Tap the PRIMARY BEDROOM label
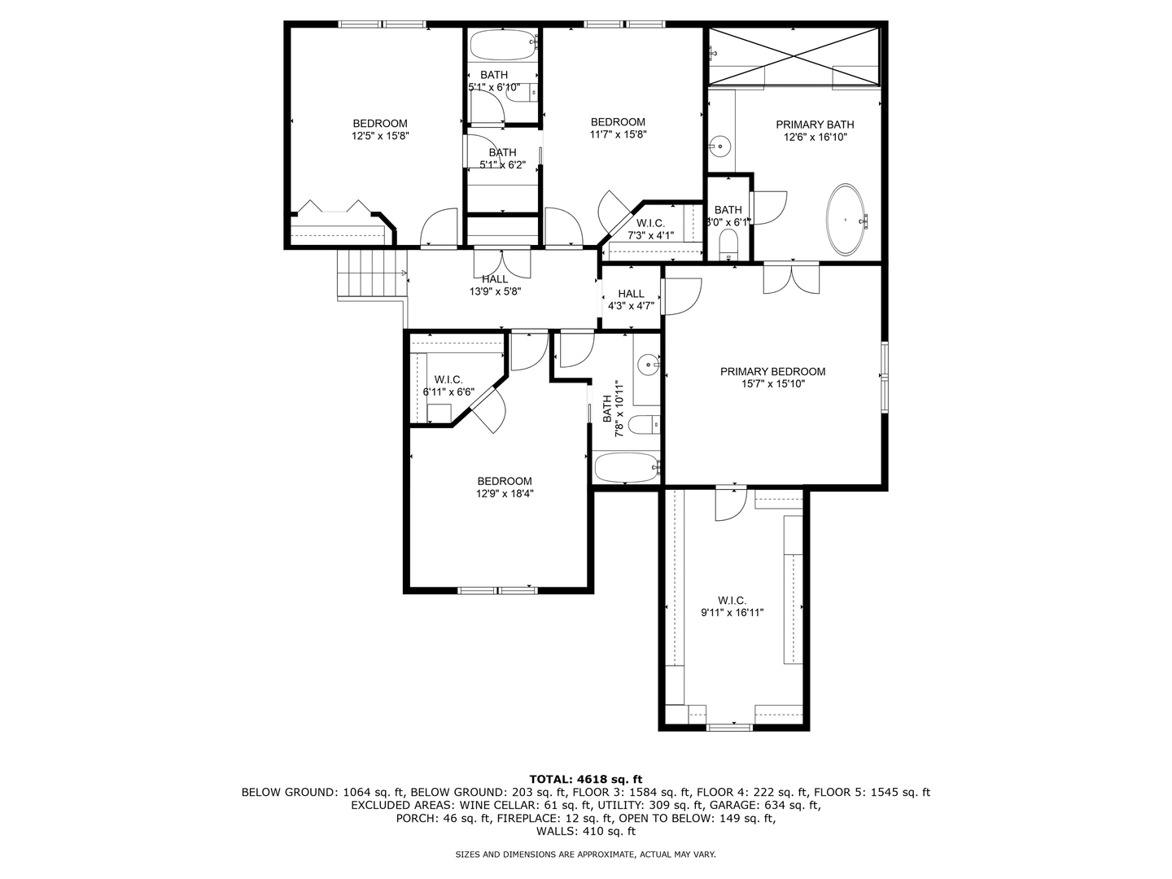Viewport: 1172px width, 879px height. coord(772,372)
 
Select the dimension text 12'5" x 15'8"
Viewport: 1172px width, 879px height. coord(379,137)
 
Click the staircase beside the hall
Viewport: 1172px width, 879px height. coord(371,274)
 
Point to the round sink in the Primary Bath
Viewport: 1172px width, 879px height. coord(719,146)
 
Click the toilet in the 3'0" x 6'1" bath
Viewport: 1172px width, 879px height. coord(728,244)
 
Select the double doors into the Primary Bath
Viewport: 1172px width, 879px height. coord(791,278)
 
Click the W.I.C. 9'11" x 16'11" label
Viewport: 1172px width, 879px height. coord(732,606)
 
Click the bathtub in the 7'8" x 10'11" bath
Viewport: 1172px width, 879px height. coord(625,468)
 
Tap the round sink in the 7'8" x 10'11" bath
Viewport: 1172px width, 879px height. coord(649,364)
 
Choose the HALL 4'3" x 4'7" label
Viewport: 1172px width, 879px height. coord(631,300)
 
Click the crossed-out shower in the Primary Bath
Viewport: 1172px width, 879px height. coord(794,55)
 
